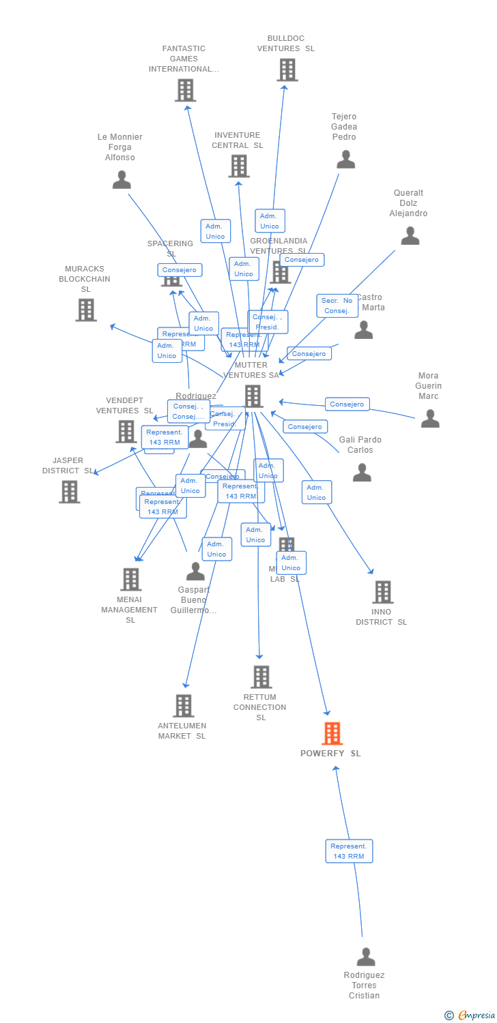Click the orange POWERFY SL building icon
(332, 733)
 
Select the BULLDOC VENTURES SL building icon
(287, 70)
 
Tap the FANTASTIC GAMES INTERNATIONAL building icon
(185, 90)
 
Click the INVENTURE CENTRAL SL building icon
(238, 166)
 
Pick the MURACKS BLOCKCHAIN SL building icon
(85, 310)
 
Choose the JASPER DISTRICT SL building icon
(69, 492)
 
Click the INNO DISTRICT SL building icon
(383, 592)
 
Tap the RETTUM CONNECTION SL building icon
(261, 677)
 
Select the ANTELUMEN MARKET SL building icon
(183, 706)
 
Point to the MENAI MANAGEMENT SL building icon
(130, 580)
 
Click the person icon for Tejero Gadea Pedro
(345, 160)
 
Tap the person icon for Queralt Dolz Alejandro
(410, 236)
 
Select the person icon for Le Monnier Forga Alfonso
(122, 180)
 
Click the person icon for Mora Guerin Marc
(429, 419)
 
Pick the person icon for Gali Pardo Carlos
(362, 473)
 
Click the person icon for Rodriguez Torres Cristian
(366, 957)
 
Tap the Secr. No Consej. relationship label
(337, 306)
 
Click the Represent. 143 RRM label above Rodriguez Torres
(349, 851)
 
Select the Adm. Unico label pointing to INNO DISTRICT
(317, 492)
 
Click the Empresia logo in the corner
(470, 1015)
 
